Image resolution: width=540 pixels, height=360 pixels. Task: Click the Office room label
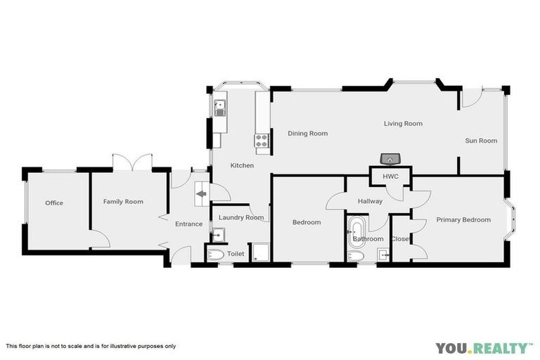tap(54, 203)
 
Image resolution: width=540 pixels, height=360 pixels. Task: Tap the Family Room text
tap(123, 202)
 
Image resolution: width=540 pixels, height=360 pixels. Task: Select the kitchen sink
tap(220, 108)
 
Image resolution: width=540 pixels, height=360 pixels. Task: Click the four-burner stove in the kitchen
tap(262, 143)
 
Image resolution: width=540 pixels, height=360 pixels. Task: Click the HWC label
tap(390, 176)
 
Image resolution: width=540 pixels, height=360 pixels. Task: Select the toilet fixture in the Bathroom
tap(356, 258)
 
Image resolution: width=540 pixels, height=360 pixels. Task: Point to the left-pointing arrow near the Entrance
tap(202, 194)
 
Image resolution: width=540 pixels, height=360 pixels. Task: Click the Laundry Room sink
tap(218, 235)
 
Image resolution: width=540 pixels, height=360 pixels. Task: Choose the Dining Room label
tap(308, 134)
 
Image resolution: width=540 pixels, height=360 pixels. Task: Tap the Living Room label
tap(403, 124)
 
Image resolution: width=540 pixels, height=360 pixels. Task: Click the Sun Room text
tap(481, 141)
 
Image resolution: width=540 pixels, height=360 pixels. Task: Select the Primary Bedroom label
tap(463, 220)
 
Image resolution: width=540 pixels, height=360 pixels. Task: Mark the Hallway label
tap(370, 202)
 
